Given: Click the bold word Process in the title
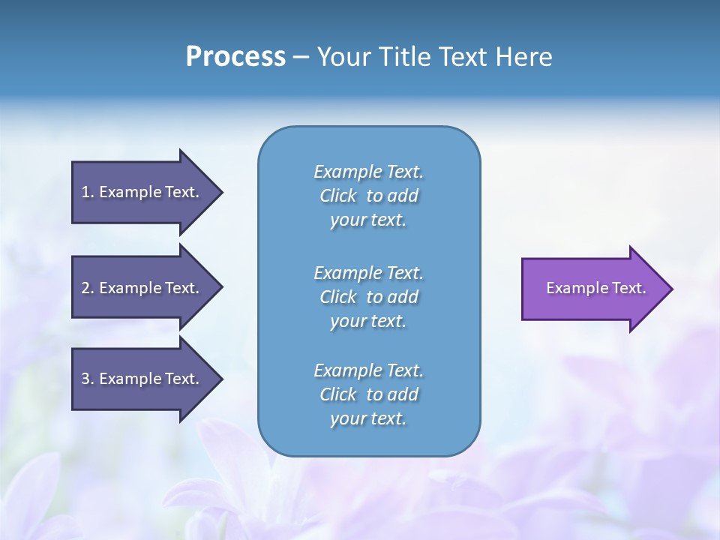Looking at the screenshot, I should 235,57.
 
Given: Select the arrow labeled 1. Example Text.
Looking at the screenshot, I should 142,192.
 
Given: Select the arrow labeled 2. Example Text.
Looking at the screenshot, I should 142,288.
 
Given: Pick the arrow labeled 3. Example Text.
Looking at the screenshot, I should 142,379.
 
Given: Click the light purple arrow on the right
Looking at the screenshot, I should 592,289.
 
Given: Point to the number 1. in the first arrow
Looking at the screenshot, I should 87,192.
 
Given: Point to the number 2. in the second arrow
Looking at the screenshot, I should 87,288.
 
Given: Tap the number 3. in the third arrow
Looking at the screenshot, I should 87,379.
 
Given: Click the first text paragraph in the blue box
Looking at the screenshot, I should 368,196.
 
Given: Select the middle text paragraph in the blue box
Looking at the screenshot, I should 368,297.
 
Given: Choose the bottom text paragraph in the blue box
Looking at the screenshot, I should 368,394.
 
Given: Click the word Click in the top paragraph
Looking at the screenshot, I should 337,196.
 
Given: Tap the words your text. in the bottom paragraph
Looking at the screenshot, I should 368,418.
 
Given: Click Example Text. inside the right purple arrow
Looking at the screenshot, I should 595,288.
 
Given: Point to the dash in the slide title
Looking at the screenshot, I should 301,57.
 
